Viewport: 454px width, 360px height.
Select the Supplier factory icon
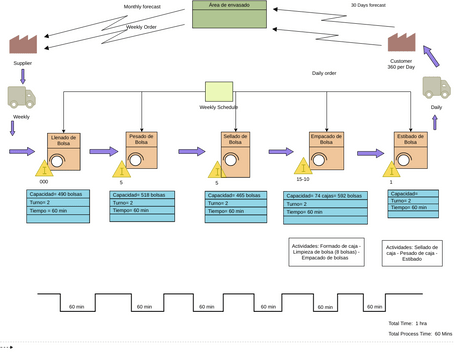pos(23,44)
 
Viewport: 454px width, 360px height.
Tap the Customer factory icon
pos(401,42)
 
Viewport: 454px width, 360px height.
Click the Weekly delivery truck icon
pos(22,97)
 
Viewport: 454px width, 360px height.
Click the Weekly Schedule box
pos(219,91)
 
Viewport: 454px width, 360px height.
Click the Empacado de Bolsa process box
pos(320,152)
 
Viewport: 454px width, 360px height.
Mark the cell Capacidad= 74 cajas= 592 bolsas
pos(322,196)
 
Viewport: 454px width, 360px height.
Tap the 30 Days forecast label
pos(368,5)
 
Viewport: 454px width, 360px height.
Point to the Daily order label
pos(324,73)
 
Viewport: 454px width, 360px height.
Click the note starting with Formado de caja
pos(327,249)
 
